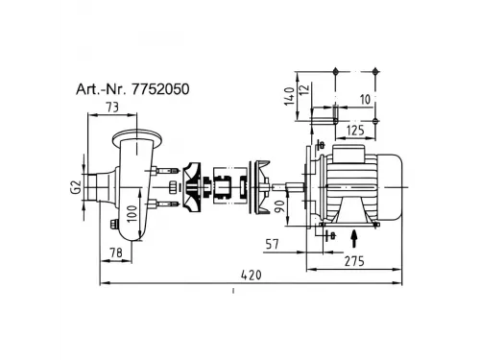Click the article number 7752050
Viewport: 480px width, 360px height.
(x=160, y=89)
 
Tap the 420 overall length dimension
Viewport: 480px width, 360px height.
(x=252, y=275)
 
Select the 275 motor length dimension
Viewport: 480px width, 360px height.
(x=354, y=261)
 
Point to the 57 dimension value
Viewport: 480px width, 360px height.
(x=273, y=245)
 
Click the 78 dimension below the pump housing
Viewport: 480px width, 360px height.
(x=116, y=252)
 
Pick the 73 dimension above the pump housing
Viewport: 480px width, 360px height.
(x=112, y=108)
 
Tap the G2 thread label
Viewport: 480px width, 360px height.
(x=76, y=187)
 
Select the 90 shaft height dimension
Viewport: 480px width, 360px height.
(x=280, y=206)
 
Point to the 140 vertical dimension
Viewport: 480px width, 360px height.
(x=289, y=96)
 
